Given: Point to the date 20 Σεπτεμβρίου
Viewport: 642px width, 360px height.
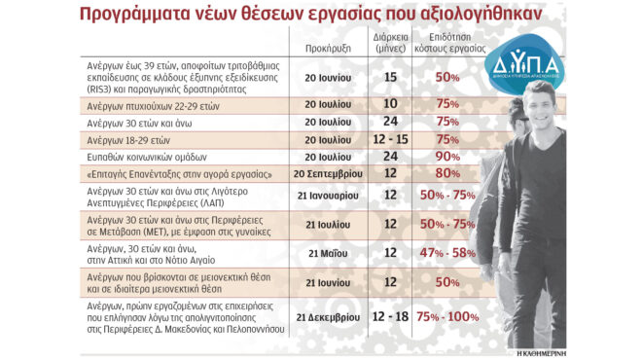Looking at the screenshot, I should [x=328, y=173].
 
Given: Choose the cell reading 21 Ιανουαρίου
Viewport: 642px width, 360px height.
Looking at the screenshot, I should [x=326, y=195].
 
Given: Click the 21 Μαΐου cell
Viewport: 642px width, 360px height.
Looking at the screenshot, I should [x=326, y=253].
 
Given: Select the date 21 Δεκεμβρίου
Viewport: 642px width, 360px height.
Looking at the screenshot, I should [x=326, y=317].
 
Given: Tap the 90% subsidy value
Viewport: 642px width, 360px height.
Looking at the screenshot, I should [x=447, y=156].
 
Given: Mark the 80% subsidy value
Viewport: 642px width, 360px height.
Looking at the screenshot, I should [x=447, y=173].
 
